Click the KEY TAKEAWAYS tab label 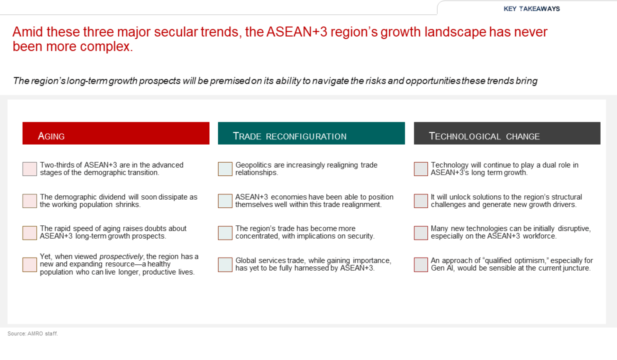tap(532, 9)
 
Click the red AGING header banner tap(116, 133)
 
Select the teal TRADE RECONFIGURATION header tap(311, 133)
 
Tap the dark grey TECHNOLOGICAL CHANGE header tap(507, 133)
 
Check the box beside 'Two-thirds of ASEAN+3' tap(30, 169)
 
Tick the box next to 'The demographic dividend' tap(30, 201)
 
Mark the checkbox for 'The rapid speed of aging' tap(30, 233)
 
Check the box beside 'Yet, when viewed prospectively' tap(30, 265)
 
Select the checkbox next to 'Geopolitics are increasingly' tap(225, 169)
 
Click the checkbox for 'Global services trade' tap(225, 265)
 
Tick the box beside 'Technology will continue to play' tap(421, 169)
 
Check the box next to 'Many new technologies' tap(421, 233)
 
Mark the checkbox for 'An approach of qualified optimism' tap(421, 265)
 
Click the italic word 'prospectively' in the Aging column tap(121, 257)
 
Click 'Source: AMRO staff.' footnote tap(32, 334)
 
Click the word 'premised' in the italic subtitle tap(230, 81)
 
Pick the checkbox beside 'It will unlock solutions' tap(421, 201)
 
